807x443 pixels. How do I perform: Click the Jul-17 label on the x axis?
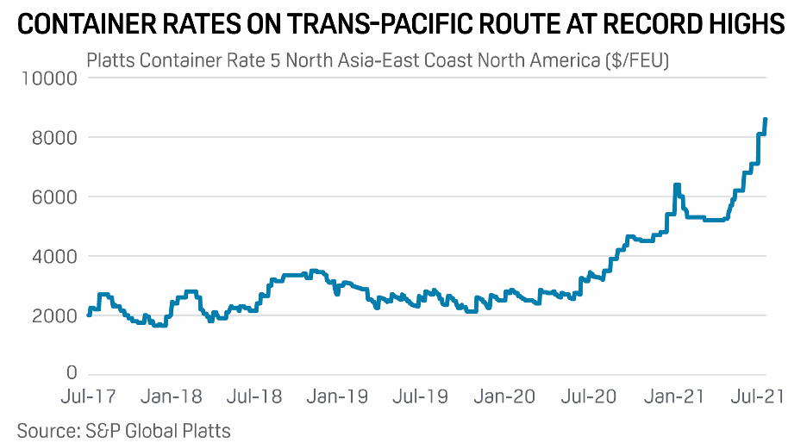point(89,397)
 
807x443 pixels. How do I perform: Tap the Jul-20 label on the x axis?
point(590,397)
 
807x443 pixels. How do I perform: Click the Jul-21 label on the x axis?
point(755,397)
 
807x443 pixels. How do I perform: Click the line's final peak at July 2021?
point(766,120)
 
